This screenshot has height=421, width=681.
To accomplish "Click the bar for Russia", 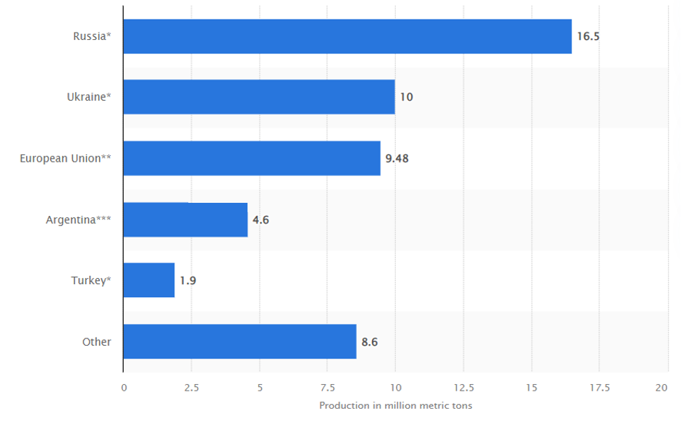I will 347,36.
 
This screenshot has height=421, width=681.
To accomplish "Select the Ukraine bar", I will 259,97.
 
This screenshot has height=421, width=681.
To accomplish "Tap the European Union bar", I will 252,158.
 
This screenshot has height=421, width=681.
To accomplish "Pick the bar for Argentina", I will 185,220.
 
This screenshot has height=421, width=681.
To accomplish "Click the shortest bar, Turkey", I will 149,280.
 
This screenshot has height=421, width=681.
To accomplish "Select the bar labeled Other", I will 240,341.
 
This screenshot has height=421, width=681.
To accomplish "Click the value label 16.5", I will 588,36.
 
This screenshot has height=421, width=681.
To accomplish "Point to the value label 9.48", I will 397,158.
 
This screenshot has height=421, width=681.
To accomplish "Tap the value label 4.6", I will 261,220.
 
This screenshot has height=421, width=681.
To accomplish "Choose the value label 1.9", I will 187,280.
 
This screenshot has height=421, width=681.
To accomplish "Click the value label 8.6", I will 369,341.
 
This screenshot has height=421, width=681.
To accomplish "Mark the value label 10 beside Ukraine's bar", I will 406,97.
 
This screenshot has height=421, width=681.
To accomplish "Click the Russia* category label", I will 92,36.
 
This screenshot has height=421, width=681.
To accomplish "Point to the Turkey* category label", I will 90,280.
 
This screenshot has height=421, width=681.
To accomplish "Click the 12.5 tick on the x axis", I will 463,388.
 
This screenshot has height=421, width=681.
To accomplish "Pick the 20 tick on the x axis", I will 661,388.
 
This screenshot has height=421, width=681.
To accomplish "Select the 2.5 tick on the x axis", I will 191,388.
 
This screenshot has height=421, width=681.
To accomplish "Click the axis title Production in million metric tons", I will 395,405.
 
